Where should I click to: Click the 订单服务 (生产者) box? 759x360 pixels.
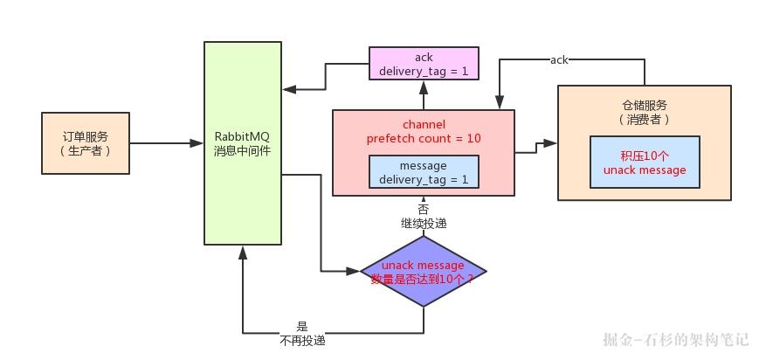pos(85,142)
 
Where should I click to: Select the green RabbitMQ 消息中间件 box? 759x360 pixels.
pos(242,142)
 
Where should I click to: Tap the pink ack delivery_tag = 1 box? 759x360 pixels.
pos(424,64)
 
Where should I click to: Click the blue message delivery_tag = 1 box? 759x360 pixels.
pos(424,172)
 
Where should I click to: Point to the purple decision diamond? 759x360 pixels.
pos(424,271)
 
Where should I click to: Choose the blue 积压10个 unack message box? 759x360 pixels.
pos(645,163)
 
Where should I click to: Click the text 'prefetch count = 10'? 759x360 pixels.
pos(424,138)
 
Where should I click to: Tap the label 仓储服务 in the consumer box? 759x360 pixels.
pos(645,104)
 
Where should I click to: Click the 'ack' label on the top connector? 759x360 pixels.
pos(559,59)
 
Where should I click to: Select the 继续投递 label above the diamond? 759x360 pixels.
pos(424,224)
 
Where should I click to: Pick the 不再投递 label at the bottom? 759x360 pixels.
pos(302,340)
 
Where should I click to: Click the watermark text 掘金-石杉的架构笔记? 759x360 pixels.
pos(675,339)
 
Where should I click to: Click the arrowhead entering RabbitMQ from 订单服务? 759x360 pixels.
pos(197,142)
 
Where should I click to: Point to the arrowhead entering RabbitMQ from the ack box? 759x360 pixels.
pos(289,89)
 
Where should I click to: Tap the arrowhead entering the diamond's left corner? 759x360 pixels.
pos(355,271)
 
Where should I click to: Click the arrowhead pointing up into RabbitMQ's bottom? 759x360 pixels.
pos(243,252)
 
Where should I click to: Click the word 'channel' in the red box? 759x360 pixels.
pos(424,124)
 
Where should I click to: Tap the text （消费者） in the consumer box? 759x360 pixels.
pos(645,119)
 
